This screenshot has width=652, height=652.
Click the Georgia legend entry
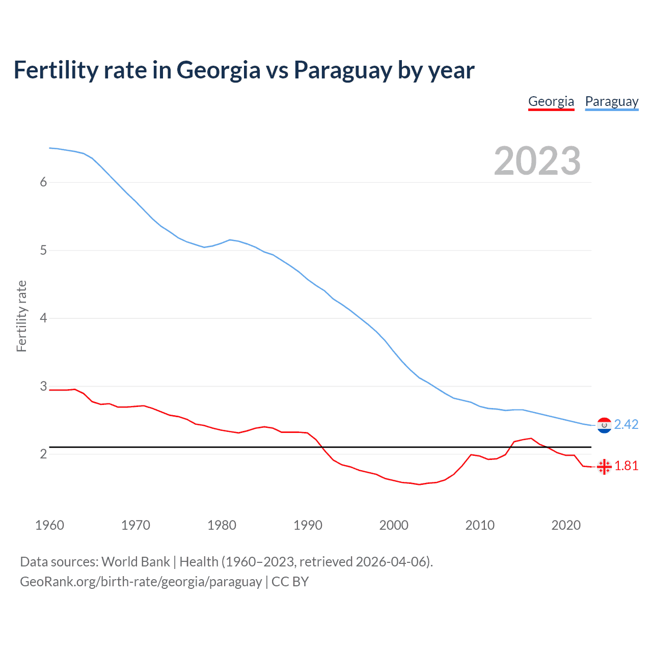pyautogui.click(x=551, y=102)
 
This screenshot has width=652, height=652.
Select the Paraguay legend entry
pyautogui.click(x=611, y=102)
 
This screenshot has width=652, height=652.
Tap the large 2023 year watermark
pyautogui.click(x=537, y=161)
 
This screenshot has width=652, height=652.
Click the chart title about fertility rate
pyautogui.click(x=244, y=70)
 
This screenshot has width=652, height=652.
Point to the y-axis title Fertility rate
pyautogui.click(x=21, y=316)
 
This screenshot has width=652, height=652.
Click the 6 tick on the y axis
pyautogui.click(x=43, y=182)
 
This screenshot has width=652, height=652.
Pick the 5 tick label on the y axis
pyautogui.click(x=43, y=251)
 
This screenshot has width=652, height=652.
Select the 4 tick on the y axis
pyautogui.click(x=43, y=318)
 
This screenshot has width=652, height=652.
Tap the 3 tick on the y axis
pyautogui.click(x=43, y=386)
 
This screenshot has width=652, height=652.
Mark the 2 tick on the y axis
pyautogui.click(x=43, y=454)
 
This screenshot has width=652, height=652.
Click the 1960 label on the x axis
pyautogui.click(x=49, y=525)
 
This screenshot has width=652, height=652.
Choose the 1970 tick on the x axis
pyautogui.click(x=135, y=525)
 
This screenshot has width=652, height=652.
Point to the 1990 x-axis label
pyautogui.click(x=308, y=525)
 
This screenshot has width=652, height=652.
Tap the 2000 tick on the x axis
pyautogui.click(x=394, y=525)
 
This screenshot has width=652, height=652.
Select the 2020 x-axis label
pyautogui.click(x=566, y=525)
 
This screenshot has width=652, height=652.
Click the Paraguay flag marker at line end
pyautogui.click(x=604, y=425)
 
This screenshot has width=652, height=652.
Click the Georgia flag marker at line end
pyautogui.click(x=604, y=466)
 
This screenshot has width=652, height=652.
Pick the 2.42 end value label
pyautogui.click(x=626, y=425)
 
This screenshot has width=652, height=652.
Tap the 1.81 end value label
pyautogui.click(x=626, y=466)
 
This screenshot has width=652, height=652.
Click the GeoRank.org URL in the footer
pyautogui.click(x=141, y=582)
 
